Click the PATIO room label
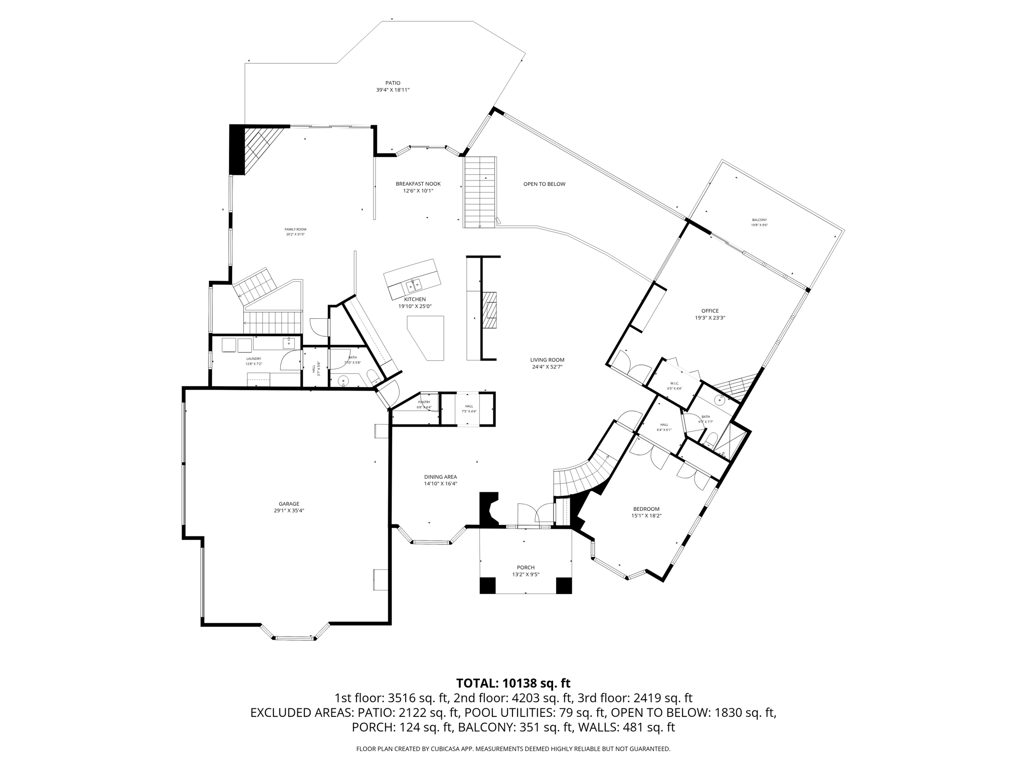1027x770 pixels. (x=393, y=83)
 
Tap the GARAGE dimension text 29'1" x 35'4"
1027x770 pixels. (x=289, y=511)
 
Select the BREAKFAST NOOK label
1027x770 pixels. (x=418, y=184)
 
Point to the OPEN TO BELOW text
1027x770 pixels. (x=544, y=184)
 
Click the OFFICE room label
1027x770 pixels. (x=710, y=311)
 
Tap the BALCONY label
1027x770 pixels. (x=759, y=220)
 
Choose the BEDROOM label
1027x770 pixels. (x=646, y=509)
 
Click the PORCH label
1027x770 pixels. (x=526, y=567)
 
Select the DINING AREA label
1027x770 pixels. (x=440, y=477)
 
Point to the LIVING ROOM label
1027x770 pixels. (x=547, y=359)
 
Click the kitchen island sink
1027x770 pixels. (x=414, y=286)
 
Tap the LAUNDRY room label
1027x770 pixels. (x=253, y=359)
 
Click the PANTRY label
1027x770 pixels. (x=424, y=402)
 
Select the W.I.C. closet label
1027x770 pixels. (x=674, y=383)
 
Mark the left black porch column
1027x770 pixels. (x=487, y=586)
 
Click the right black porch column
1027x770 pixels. (x=564, y=586)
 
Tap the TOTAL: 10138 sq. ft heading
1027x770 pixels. (x=513, y=683)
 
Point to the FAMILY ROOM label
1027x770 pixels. (x=295, y=230)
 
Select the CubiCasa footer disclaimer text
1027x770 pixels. (x=513, y=749)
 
